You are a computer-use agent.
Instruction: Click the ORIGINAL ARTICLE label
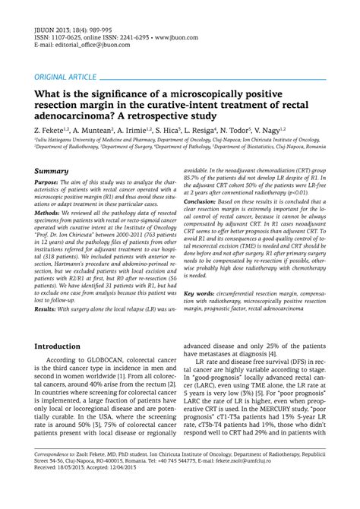pyautogui.click(x=65, y=77)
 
